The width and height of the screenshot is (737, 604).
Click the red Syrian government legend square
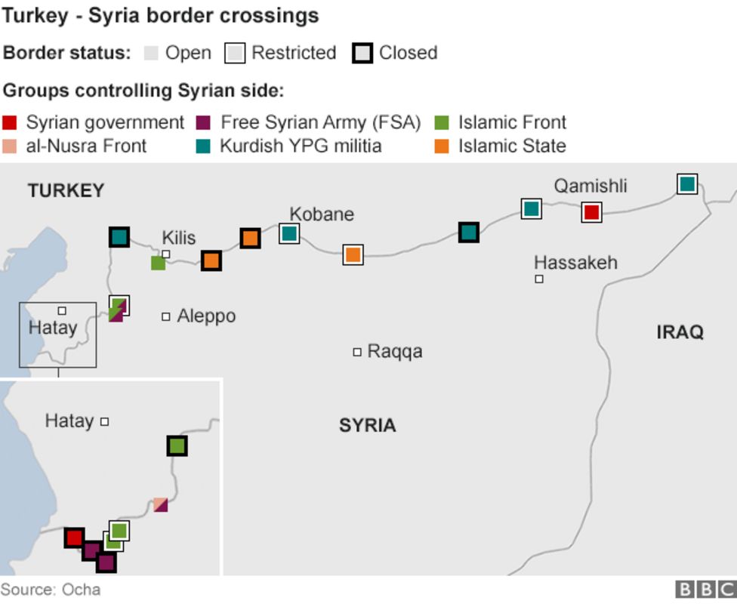(10, 123)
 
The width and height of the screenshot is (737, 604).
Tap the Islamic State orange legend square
(443, 146)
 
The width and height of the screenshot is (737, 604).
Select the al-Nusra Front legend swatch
(10, 146)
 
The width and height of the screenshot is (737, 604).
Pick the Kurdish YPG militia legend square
(203, 146)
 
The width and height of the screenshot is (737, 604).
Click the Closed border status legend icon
(362, 54)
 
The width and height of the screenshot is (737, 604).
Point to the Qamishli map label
(590, 186)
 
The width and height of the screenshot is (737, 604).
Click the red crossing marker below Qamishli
(591, 212)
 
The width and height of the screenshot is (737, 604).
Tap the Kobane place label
(322, 214)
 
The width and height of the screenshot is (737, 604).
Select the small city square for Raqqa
(357, 352)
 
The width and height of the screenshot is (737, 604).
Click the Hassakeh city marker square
(539, 279)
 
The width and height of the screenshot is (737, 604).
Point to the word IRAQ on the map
(680, 332)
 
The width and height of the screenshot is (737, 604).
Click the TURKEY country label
(66, 191)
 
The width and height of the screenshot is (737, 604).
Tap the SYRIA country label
(367, 425)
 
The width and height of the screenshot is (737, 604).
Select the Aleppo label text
(206, 316)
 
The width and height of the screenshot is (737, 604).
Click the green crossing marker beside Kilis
(158, 263)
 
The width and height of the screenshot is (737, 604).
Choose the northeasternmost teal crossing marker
(686, 183)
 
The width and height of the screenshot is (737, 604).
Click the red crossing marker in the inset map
(74, 538)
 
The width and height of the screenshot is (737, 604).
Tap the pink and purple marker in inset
(160, 504)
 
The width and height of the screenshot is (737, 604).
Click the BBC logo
(705, 590)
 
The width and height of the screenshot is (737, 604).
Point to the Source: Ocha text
(51, 590)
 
